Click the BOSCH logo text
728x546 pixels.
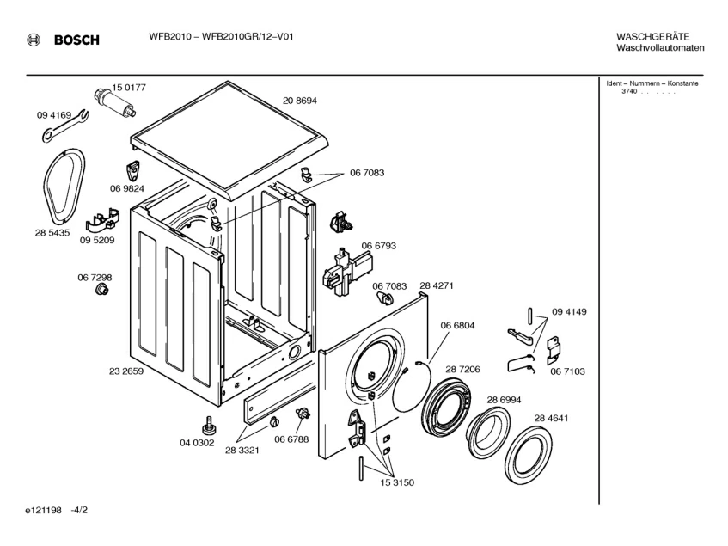pos(76,40)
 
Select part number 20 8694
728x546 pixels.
pos(300,101)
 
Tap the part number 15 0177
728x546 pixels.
pos(130,87)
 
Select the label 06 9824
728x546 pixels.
pos(126,188)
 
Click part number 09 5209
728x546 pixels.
pos(96,242)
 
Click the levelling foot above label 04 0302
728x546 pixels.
pos(208,425)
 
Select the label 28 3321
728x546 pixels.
pos(243,450)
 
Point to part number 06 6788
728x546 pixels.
pos(291,439)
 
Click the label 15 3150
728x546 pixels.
pos(396,482)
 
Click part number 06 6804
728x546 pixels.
pos(457,325)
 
